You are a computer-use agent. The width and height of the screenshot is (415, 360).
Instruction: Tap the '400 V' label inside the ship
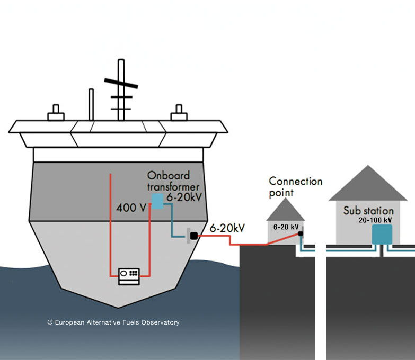pos(130,208)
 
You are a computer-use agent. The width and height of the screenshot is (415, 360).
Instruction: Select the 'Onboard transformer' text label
pos(173,181)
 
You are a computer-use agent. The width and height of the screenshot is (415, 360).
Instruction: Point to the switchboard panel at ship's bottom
pos(129,276)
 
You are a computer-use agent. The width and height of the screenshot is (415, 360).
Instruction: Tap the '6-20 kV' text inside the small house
pos(286,227)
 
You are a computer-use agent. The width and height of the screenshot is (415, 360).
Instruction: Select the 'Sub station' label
pos(368,210)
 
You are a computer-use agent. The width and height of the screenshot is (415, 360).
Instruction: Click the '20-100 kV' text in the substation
pos(375,220)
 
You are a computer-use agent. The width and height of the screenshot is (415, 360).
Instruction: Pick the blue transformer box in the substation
pos(382,234)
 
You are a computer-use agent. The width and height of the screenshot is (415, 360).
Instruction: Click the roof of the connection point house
pos(285,211)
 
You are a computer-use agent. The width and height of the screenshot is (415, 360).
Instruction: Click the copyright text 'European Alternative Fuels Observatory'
pos(113,322)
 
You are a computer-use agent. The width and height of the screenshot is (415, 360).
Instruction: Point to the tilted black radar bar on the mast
pos(121,83)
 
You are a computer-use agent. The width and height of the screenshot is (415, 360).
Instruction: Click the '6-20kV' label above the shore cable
pos(227,228)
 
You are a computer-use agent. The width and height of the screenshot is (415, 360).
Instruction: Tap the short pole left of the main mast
pos(91,104)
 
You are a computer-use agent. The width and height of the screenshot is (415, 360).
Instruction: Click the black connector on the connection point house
pos(300,233)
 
